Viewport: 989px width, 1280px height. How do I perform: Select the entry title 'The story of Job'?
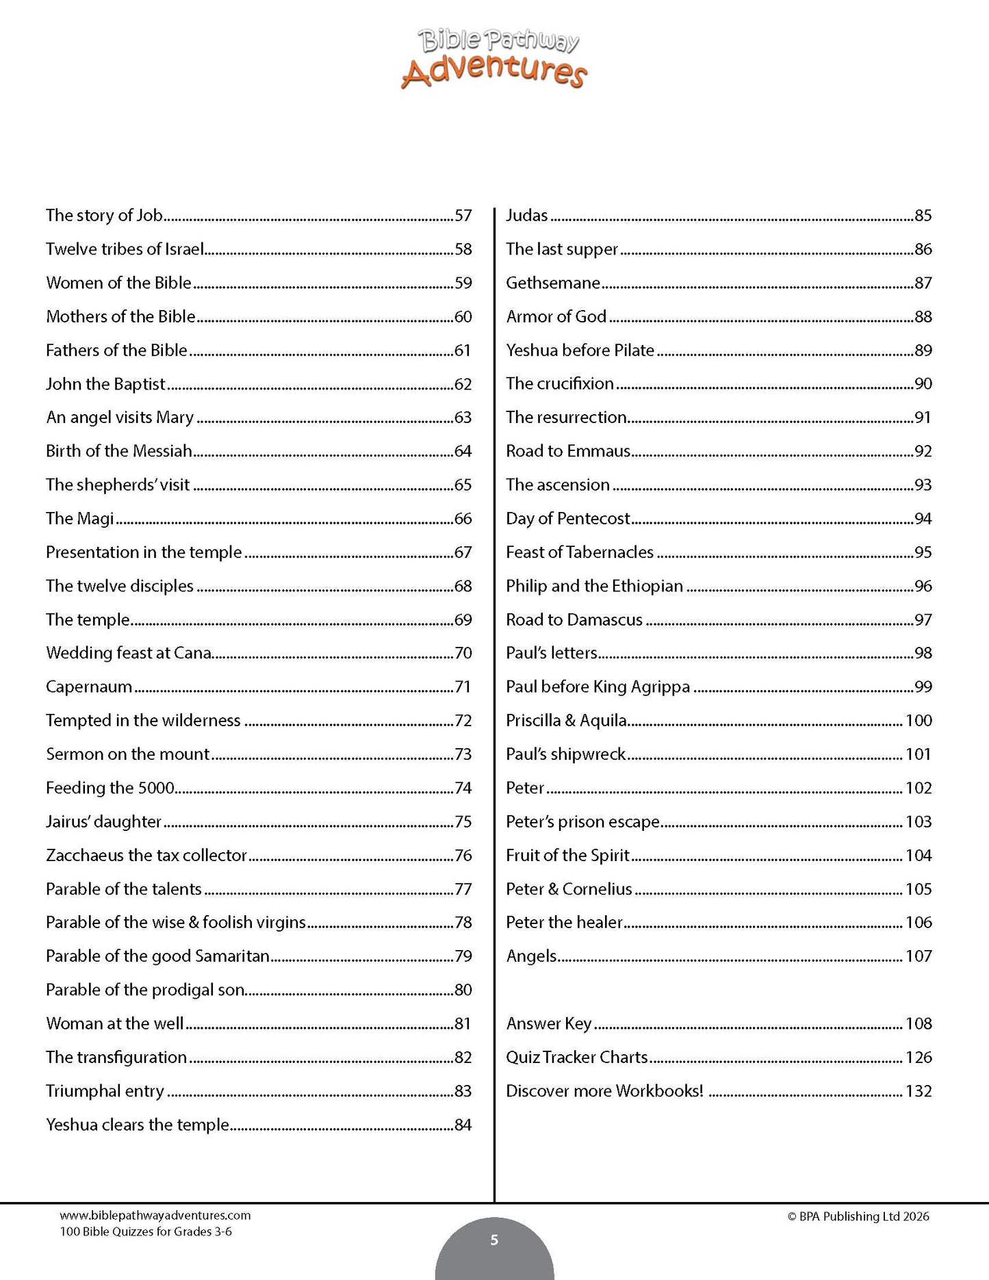click(104, 216)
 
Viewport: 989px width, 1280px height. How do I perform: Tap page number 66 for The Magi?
click(463, 519)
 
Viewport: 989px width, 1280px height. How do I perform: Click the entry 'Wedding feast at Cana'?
click(129, 653)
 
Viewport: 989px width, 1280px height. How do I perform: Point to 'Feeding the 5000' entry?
click(110, 788)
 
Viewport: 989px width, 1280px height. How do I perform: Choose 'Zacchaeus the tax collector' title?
click(146, 856)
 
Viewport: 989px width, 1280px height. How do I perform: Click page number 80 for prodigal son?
click(463, 990)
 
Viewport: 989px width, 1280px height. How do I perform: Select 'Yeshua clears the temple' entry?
click(137, 1125)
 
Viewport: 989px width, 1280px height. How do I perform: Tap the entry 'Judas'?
click(526, 216)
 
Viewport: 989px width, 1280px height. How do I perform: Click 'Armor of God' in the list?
click(556, 316)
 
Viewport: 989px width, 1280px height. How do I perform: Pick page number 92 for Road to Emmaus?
click(923, 451)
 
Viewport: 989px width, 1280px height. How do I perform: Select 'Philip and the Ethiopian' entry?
click(594, 586)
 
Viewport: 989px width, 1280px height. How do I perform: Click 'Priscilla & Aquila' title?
click(566, 721)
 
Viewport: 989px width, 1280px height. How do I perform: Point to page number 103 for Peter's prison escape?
click(919, 821)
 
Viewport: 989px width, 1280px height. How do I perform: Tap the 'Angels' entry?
click(531, 956)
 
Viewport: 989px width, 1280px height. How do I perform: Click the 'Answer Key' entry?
click(548, 1023)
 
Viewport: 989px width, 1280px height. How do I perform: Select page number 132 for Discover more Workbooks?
click(919, 1091)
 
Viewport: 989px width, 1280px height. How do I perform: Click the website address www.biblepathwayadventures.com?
click(155, 1216)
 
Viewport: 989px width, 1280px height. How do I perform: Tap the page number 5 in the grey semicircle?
click(494, 1240)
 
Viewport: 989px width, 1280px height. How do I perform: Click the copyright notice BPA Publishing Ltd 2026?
click(858, 1216)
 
